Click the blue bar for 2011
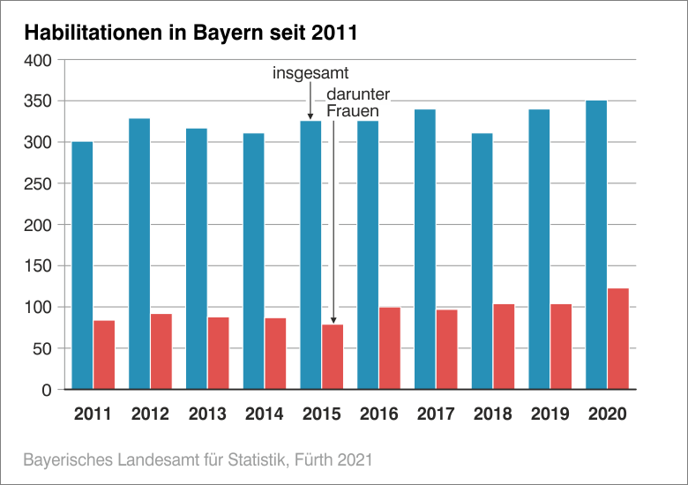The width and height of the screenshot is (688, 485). tap(82, 265)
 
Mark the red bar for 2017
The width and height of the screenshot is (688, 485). tap(447, 349)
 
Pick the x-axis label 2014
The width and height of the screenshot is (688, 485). tap(264, 414)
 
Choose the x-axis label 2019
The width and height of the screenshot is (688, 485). tap(550, 414)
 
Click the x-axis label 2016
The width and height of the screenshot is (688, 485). tap(378, 414)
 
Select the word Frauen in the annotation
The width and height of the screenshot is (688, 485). tap(353, 111)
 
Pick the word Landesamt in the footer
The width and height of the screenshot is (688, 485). tap(146, 459)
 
